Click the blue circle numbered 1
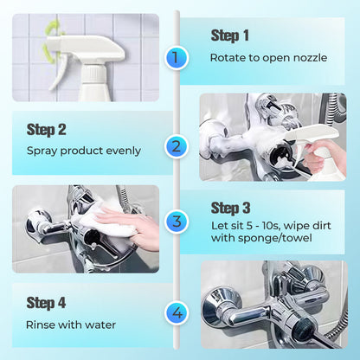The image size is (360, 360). (x=177, y=59)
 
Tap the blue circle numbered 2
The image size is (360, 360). (x=177, y=146)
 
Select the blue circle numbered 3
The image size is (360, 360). (x=177, y=222)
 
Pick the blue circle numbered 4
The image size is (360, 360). (x=177, y=312)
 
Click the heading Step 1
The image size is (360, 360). (x=229, y=35)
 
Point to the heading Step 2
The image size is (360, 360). (x=47, y=129)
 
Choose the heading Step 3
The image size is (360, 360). (x=229, y=208)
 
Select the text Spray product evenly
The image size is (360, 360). (x=83, y=151)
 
